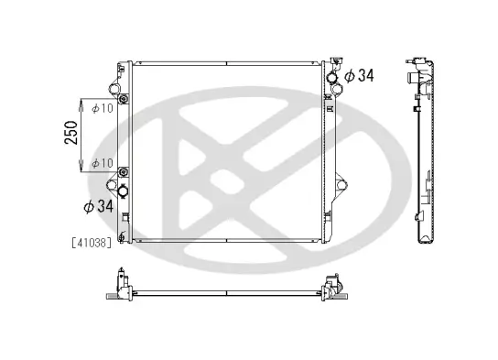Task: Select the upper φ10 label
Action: (101, 109)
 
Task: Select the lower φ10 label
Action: (101, 163)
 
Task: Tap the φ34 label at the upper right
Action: (361, 75)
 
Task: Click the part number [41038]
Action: (91, 244)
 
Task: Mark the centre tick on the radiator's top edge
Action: (227, 62)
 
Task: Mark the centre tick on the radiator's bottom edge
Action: (227, 242)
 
